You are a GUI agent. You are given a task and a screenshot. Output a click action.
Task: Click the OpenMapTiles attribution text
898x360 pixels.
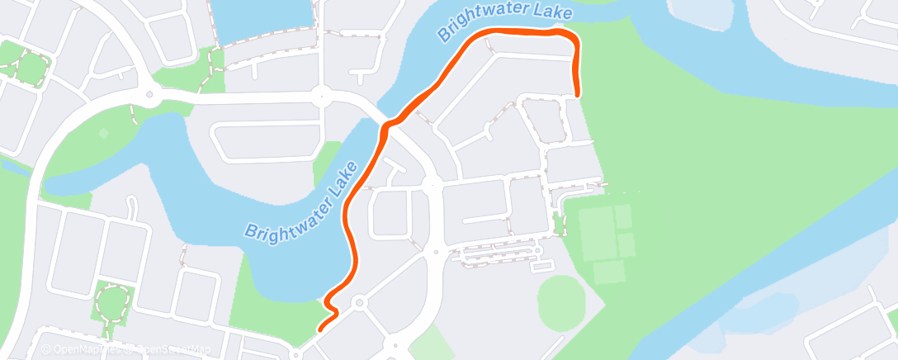click(83, 349)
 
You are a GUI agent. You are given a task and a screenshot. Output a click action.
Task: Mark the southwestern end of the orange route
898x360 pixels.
click(319, 329)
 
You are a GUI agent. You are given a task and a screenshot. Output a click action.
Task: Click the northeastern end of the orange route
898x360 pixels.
click(577, 94)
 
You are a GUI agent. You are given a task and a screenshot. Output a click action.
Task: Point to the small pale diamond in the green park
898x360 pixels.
click(103, 133)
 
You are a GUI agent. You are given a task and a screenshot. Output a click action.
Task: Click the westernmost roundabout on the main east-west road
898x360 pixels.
click(149, 94)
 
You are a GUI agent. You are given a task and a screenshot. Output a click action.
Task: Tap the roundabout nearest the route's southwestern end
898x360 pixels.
click(359, 303)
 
